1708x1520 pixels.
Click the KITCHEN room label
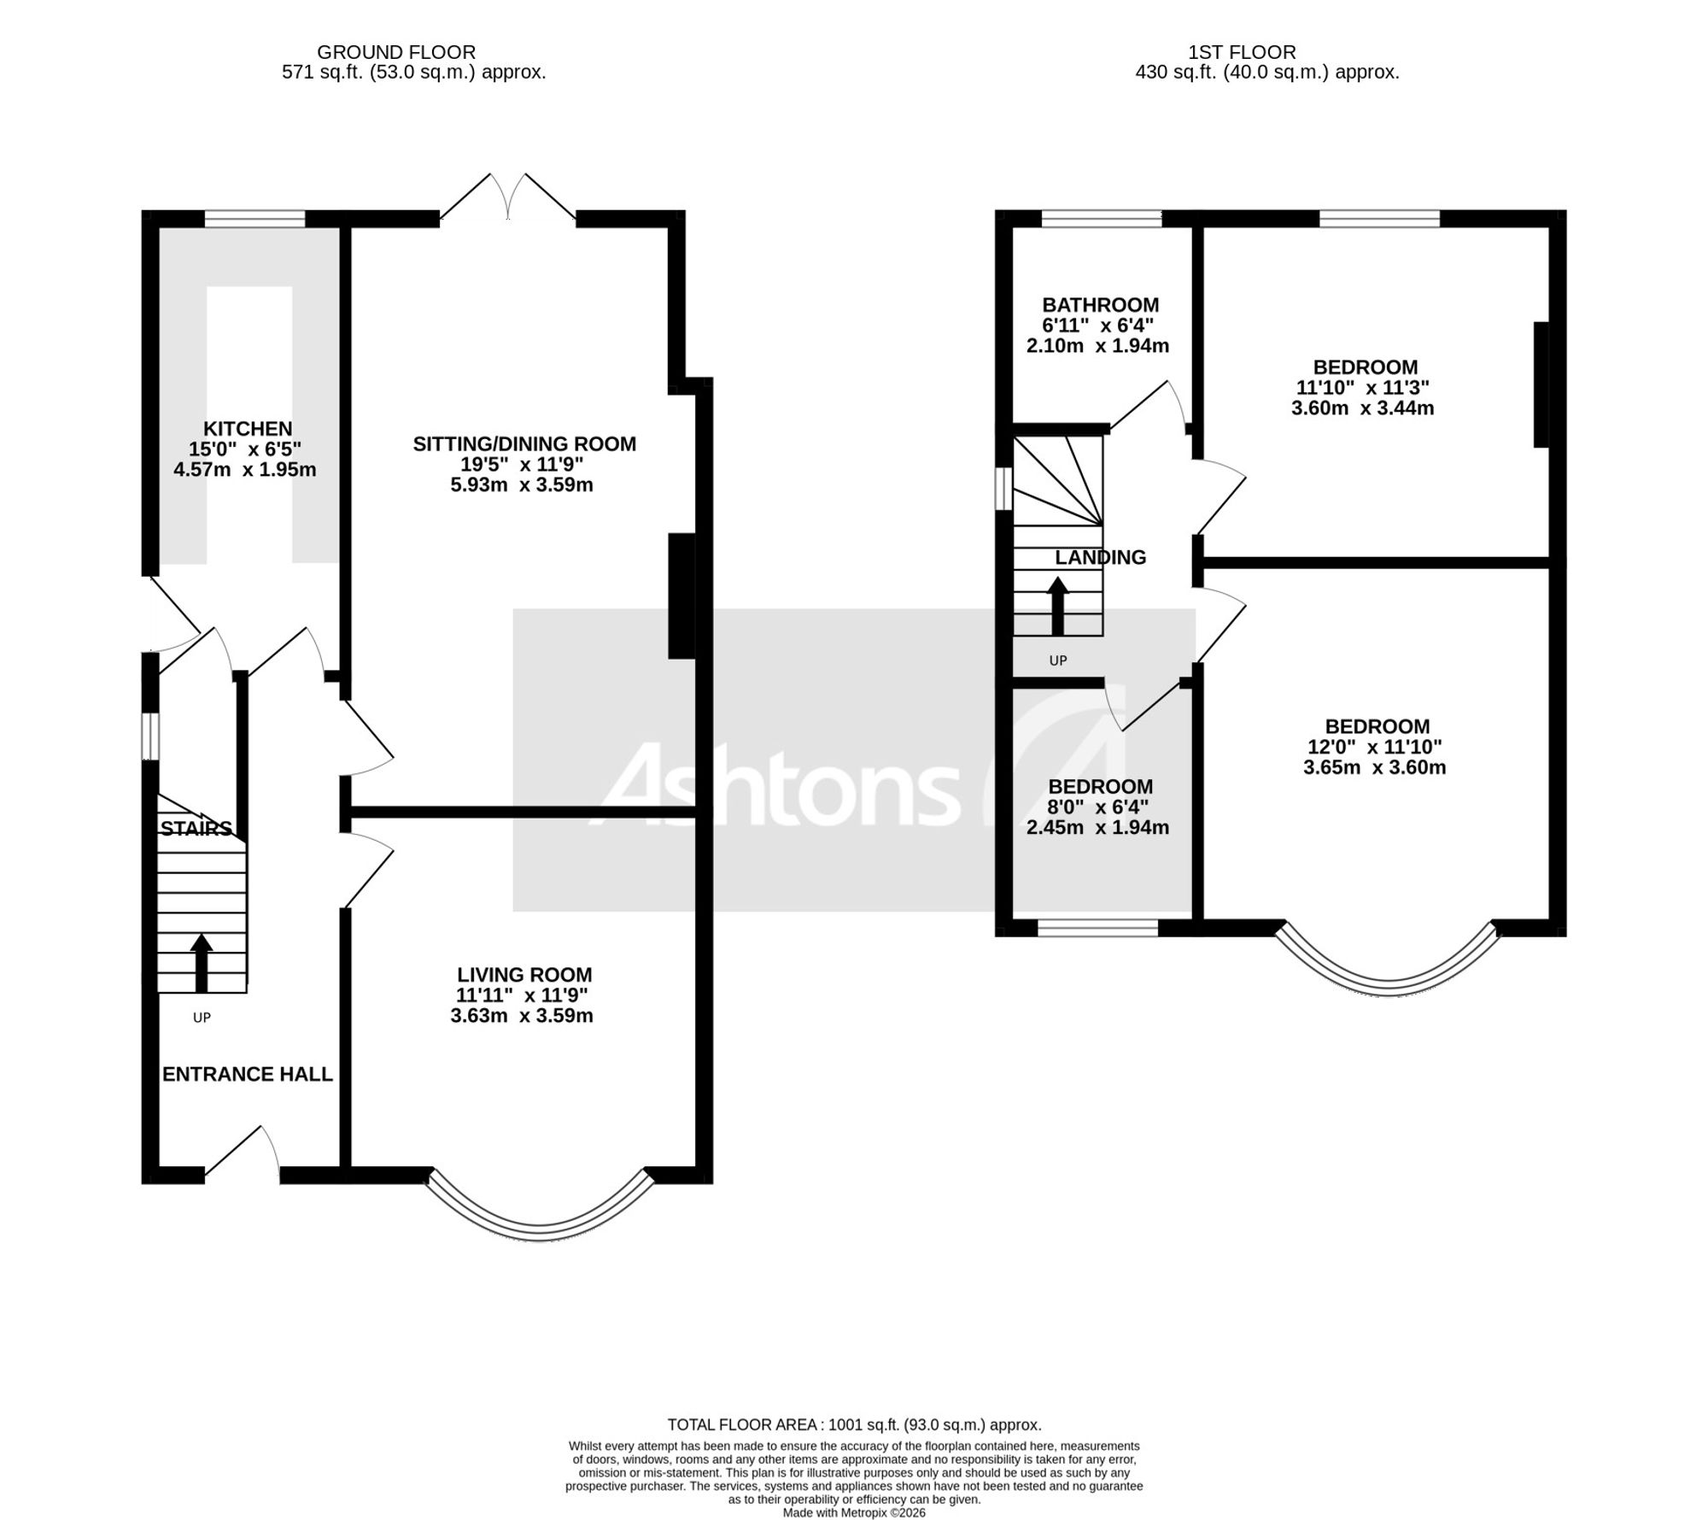tap(248, 428)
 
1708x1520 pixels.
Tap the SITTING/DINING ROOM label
tap(524, 443)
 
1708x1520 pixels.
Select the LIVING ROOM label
tap(524, 974)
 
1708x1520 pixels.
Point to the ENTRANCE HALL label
tap(248, 1074)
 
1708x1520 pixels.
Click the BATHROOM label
tap(1101, 304)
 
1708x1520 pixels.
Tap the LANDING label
tap(1100, 557)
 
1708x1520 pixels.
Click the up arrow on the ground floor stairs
tap(202, 963)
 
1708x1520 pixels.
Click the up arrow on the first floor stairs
tap(1058, 606)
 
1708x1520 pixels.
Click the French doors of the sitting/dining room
tap(508, 197)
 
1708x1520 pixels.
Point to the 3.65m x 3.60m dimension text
tap(1375, 767)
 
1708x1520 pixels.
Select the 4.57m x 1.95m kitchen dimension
tap(245, 469)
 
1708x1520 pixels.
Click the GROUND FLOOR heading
tap(396, 52)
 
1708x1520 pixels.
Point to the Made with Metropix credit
tap(854, 1512)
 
